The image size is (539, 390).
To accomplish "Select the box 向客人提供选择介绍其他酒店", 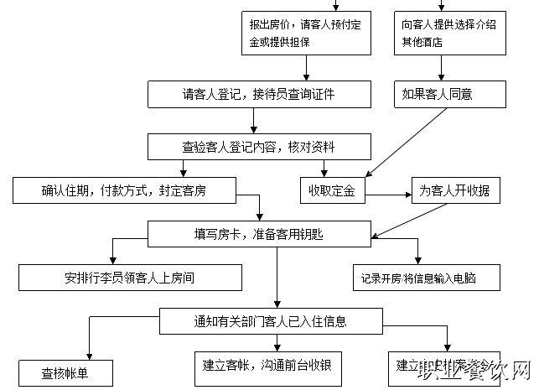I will (451, 33).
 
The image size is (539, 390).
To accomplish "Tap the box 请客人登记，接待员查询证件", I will (258, 94).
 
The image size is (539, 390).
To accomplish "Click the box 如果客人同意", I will (451, 94).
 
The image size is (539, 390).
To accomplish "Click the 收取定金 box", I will (332, 191).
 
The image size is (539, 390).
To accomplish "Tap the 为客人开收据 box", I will (455, 191).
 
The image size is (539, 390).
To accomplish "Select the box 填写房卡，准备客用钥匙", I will (258, 234).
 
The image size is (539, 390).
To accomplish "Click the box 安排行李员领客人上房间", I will (130, 276).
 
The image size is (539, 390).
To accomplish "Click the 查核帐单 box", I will (65, 372).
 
